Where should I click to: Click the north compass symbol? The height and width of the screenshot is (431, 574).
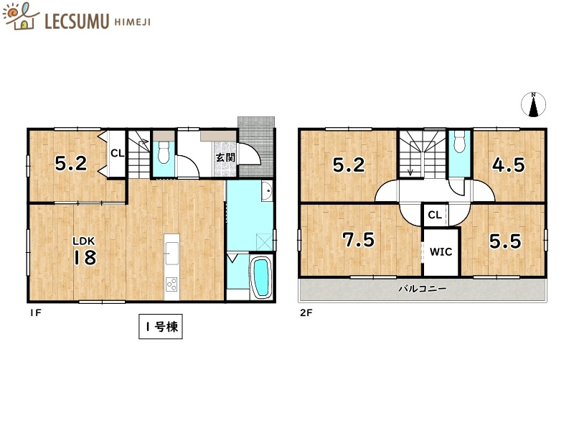tap(533, 105)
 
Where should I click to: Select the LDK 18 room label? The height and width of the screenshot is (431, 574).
tap(84, 252)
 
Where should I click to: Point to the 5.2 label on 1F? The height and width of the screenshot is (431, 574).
tap(71, 164)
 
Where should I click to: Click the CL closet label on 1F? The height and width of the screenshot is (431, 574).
tap(117, 152)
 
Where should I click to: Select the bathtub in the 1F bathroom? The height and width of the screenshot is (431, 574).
tap(260, 277)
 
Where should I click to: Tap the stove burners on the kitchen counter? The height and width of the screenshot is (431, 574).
tap(172, 283)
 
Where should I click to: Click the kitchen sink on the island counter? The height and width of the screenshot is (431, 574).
tap(172, 251)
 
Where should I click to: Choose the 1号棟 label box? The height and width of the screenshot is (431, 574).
tap(161, 328)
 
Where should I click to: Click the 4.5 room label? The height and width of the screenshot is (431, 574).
tap(508, 164)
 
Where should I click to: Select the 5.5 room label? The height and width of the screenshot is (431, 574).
tap(504, 241)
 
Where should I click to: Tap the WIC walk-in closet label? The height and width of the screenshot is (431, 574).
tap(440, 252)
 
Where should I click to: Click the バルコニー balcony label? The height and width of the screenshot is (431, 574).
tap(423, 289)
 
